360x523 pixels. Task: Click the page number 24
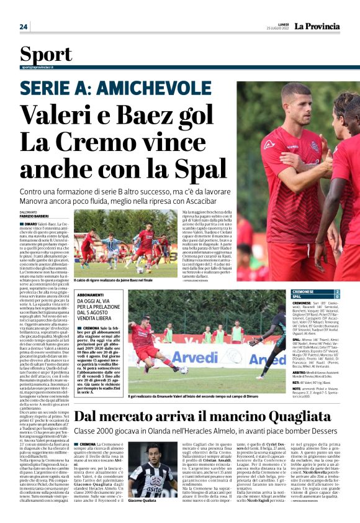pyautogui.click(x=24, y=27)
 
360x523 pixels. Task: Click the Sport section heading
pyautogui.click(x=46, y=54)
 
